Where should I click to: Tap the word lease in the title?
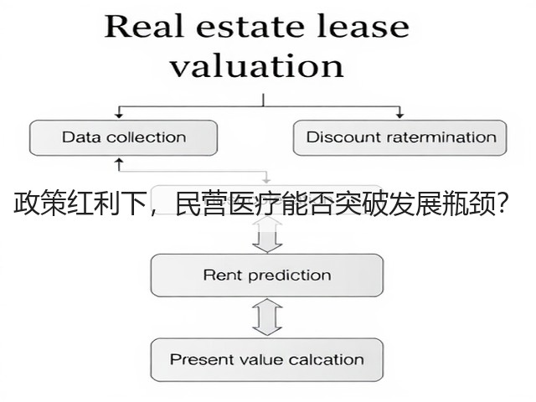coord(363,26)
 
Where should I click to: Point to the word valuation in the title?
coord(257,65)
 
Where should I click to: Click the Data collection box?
coord(123,137)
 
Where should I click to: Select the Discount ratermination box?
coord(400,137)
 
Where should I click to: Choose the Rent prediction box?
coord(267,276)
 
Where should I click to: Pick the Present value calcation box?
coord(267,359)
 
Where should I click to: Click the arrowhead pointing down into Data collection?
coord(119,116)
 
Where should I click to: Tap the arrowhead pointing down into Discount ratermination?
coord(399,116)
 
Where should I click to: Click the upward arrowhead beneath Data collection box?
coord(119,161)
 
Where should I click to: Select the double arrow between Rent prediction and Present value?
coord(267,317)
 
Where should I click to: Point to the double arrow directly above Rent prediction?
coord(267,235)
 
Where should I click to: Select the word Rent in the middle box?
coord(223,275)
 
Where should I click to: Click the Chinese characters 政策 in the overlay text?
coord(39,204)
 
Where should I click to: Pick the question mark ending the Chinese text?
coord(502,203)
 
